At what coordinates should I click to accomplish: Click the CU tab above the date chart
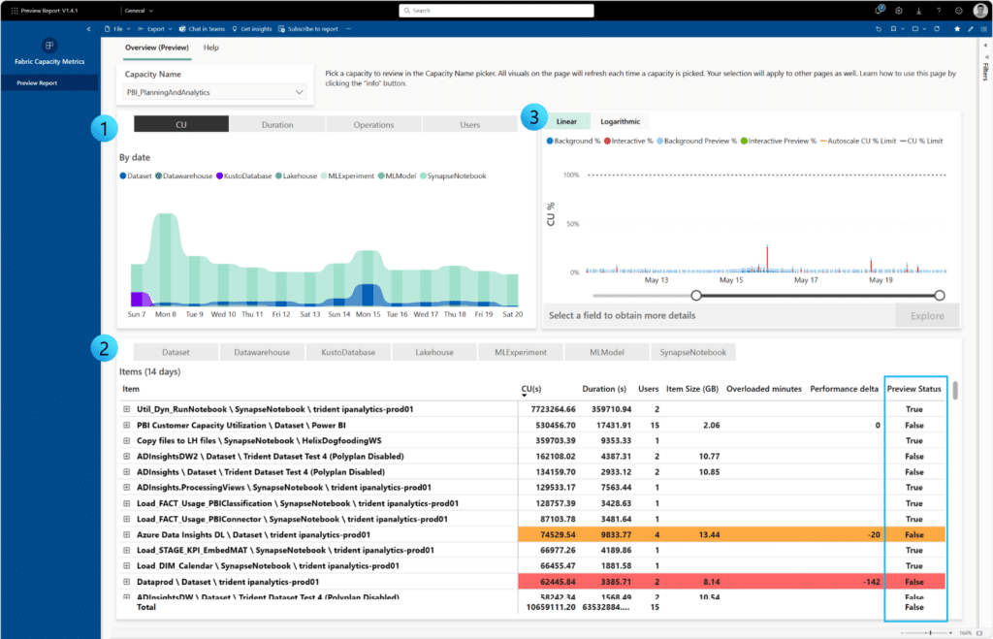click(x=181, y=124)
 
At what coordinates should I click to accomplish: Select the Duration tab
click(x=277, y=124)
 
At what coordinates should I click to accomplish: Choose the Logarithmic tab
click(x=620, y=121)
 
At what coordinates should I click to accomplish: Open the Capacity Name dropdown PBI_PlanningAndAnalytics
click(x=215, y=92)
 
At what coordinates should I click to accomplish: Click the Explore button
click(x=926, y=315)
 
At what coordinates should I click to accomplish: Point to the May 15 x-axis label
click(x=731, y=280)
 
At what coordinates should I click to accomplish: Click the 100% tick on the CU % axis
click(x=570, y=176)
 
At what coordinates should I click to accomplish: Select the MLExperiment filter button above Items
click(x=520, y=352)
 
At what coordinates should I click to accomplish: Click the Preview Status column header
click(x=913, y=389)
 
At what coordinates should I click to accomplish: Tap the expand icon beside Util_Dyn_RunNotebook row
click(x=127, y=410)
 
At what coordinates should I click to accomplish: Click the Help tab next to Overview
click(x=210, y=47)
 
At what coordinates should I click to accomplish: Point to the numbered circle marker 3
click(x=531, y=118)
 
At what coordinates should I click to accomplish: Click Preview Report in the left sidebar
click(x=36, y=82)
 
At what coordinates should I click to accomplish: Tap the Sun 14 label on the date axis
click(x=338, y=314)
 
